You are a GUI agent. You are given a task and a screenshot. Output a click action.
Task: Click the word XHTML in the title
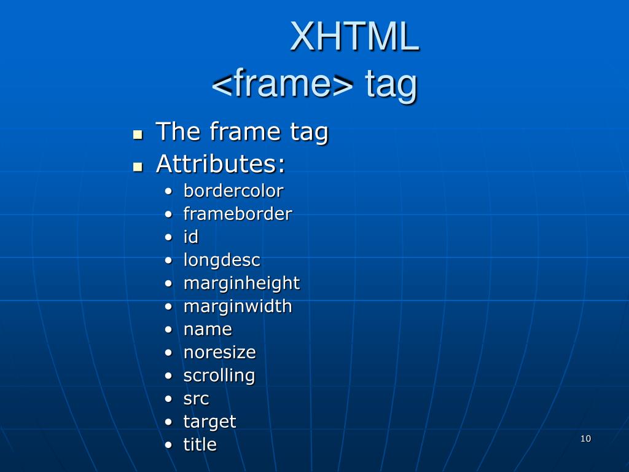(x=354, y=37)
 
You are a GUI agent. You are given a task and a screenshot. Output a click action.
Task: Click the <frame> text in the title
(x=283, y=84)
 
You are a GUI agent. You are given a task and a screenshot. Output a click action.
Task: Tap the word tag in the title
(x=391, y=85)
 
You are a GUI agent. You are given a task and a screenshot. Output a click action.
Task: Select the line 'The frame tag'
(x=242, y=132)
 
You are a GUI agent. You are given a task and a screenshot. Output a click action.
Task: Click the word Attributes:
(x=221, y=163)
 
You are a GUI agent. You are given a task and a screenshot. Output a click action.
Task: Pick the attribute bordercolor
(x=233, y=191)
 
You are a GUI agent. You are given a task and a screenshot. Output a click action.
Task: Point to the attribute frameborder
(x=238, y=214)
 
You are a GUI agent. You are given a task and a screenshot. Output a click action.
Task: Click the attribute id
(x=191, y=237)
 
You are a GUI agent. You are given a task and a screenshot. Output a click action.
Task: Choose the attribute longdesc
(x=222, y=261)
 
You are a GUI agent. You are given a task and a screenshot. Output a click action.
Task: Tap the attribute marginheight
(x=241, y=283)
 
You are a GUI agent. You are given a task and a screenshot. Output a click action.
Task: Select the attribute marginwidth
(x=238, y=306)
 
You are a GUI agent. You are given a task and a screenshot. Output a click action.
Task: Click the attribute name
(x=208, y=329)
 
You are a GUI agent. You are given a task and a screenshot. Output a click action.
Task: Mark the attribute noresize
(x=219, y=352)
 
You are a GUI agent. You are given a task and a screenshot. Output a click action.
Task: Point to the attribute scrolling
(x=219, y=376)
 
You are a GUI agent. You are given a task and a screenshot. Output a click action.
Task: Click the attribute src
(x=196, y=399)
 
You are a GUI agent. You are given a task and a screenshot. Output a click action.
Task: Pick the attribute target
(x=209, y=422)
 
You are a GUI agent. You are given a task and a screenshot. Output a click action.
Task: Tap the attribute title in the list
(x=200, y=444)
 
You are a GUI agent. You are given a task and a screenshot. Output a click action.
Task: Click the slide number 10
(x=585, y=438)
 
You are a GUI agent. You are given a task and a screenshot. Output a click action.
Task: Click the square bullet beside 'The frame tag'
(x=138, y=134)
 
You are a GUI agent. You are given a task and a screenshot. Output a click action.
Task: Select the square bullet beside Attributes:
(x=138, y=166)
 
